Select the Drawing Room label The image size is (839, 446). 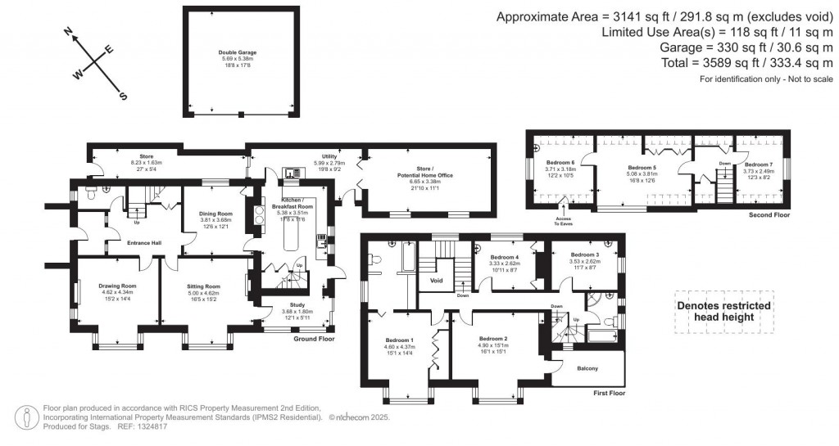tap(117, 286)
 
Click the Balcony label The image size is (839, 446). tap(587, 368)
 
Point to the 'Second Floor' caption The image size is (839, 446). tap(769, 215)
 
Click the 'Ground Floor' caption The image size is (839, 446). tap(315, 338)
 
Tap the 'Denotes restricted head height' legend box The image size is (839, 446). tap(723, 311)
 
